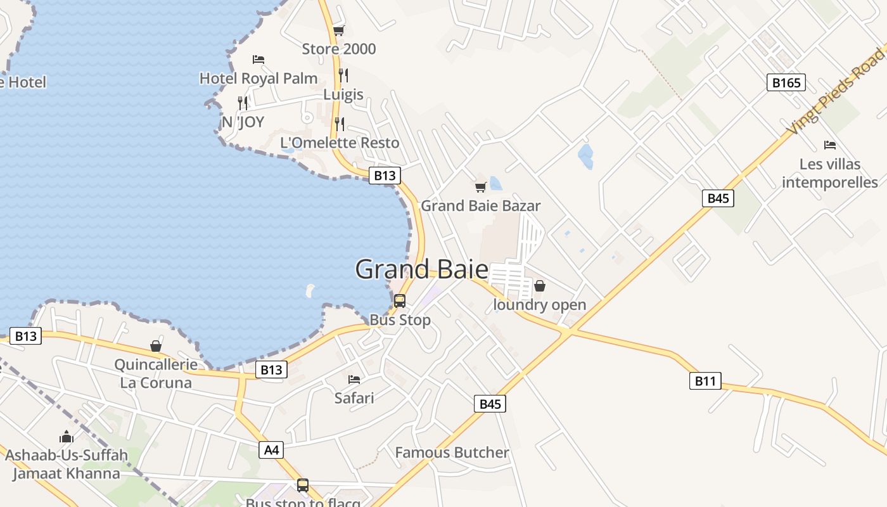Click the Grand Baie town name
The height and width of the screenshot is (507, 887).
tap(421, 269)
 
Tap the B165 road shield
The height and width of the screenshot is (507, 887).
tap(786, 82)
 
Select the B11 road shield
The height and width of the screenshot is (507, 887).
tap(705, 381)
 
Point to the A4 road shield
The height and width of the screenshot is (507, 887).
tap(271, 450)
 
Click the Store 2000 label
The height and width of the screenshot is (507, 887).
tap(338, 49)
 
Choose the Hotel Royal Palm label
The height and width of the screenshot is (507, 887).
tap(258, 78)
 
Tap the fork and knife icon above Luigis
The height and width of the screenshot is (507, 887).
tap(343, 75)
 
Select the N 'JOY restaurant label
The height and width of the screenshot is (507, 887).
tap(243, 122)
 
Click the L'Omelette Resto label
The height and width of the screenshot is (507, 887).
tap(340, 143)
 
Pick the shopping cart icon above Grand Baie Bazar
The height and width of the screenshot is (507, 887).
tap(480, 187)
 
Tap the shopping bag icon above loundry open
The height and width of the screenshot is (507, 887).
tap(540, 286)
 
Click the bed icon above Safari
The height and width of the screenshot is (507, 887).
tap(354, 380)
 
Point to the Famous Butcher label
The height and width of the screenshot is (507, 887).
tap(452, 452)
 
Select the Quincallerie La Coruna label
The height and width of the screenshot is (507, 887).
tap(156, 373)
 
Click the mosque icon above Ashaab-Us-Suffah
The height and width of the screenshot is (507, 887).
tap(67, 437)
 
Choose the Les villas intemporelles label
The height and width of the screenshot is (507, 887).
tap(829, 173)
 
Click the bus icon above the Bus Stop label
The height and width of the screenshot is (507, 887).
tap(400, 301)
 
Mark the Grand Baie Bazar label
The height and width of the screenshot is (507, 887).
tap(480, 205)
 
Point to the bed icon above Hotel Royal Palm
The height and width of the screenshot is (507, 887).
tap(258, 60)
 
